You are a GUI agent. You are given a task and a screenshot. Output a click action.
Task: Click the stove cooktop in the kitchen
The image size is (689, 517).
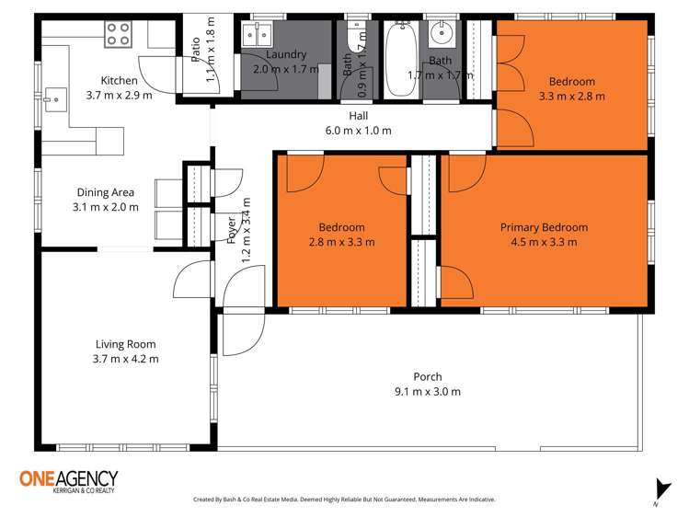pos(118,34)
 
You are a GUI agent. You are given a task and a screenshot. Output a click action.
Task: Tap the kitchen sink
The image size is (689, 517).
pos(53,95)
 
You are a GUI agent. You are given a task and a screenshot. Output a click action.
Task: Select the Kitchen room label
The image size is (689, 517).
pos(120,81)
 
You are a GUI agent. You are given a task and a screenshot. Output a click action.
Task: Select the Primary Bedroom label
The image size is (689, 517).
pos(544,227)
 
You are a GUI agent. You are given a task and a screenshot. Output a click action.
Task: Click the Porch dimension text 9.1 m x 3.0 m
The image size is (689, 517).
pos(428,391)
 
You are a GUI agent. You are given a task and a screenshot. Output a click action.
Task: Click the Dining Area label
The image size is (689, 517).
pos(106,192)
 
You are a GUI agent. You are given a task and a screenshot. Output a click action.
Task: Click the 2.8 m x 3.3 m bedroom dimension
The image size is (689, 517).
pos(341,242)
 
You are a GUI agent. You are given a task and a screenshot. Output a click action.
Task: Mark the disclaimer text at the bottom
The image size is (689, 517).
pos(343,500)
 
